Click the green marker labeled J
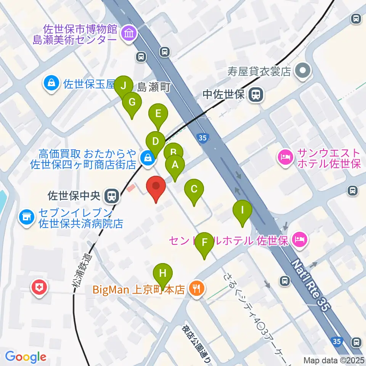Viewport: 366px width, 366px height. pyautogui.click(x=123, y=86)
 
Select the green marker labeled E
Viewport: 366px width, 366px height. pyautogui.click(x=158, y=113)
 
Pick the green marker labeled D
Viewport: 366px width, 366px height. pyautogui.click(x=155, y=141)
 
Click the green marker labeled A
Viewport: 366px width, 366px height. pyautogui.click(x=175, y=165)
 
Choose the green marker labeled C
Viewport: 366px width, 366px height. pyautogui.click(x=194, y=189)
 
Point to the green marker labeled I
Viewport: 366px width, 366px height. pyautogui.click(x=242, y=210)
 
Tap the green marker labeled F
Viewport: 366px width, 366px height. pyautogui.click(x=204, y=242)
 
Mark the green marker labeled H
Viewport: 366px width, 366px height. pyautogui.click(x=163, y=273)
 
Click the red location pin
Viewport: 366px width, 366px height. pyautogui.click(x=156, y=186)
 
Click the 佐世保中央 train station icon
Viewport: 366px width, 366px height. pyautogui.click(x=112, y=196)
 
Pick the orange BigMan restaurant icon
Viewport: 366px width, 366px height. pyautogui.click(x=197, y=289)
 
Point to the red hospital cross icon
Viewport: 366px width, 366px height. pyautogui.click(x=40, y=287)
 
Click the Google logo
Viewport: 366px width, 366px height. pyautogui.click(x=26, y=357)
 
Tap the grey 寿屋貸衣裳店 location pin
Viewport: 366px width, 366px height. pyautogui.click(x=303, y=71)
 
